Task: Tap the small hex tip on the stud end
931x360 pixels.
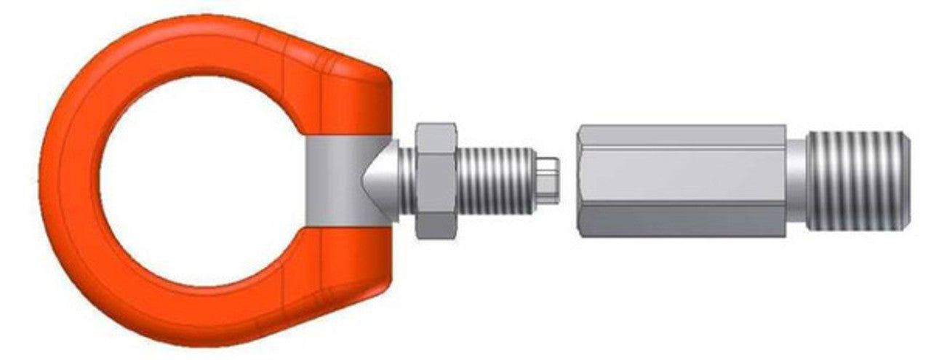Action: point(548,178)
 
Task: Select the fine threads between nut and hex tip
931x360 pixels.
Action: point(497,180)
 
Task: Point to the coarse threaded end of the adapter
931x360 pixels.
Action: point(857,179)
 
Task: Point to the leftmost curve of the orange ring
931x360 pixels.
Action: point(55,180)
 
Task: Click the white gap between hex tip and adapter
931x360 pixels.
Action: point(567,179)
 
